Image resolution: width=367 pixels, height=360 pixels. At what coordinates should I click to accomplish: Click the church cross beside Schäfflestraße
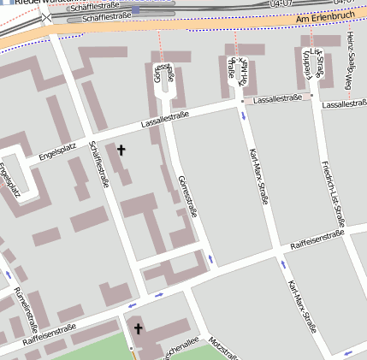tap(121, 150)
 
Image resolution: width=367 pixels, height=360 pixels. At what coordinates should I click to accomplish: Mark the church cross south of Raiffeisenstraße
tap(138, 328)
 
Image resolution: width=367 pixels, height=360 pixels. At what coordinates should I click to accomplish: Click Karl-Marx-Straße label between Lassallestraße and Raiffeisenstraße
tap(257, 178)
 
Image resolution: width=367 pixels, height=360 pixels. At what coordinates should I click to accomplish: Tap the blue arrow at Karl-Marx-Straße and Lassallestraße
tap(244, 114)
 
